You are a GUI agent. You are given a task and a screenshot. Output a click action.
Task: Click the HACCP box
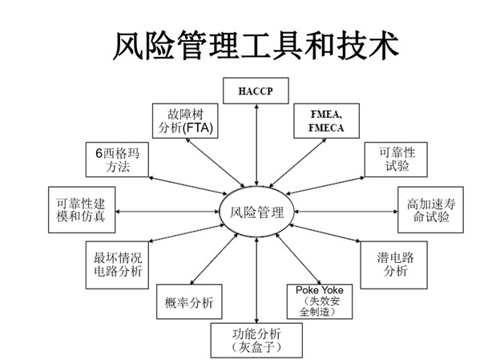click(x=256, y=91)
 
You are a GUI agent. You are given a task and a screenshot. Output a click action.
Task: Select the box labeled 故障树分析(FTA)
click(x=185, y=120)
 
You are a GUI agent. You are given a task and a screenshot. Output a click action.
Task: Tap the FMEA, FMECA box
click(x=327, y=120)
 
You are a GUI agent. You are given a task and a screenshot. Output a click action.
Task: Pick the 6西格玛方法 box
click(x=117, y=160)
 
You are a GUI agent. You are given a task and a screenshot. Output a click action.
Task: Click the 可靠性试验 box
click(x=396, y=160)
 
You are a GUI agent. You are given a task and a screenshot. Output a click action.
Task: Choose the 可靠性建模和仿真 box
click(x=82, y=210)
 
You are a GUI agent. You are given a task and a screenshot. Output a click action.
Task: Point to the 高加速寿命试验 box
click(x=430, y=210)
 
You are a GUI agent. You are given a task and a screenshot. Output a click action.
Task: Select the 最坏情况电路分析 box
click(x=117, y=265)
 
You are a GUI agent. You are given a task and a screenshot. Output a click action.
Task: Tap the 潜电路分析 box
click(x=393, y=265)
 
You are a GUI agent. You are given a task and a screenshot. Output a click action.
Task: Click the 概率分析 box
click(x=189, y=301)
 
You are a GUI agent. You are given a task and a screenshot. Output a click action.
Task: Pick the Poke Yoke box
click(x=320, y=301)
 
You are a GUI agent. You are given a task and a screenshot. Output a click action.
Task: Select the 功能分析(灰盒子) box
click(x=256, y=340)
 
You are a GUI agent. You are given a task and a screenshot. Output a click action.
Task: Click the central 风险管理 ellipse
click(x=256, y=212)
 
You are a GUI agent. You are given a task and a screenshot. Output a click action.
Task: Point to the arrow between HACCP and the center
click(x=256, y=145)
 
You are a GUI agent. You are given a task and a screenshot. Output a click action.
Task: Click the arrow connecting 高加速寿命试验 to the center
click(x=346, y=212)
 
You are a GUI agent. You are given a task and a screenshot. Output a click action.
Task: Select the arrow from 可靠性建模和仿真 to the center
click(x=167, y=212)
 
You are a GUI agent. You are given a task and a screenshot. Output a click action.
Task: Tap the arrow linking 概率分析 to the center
click(x=214, y=259)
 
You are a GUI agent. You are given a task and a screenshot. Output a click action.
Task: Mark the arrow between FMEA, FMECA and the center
click(x=298, y=163)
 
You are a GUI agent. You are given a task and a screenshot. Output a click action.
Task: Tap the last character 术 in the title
click(x=384, y=46)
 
